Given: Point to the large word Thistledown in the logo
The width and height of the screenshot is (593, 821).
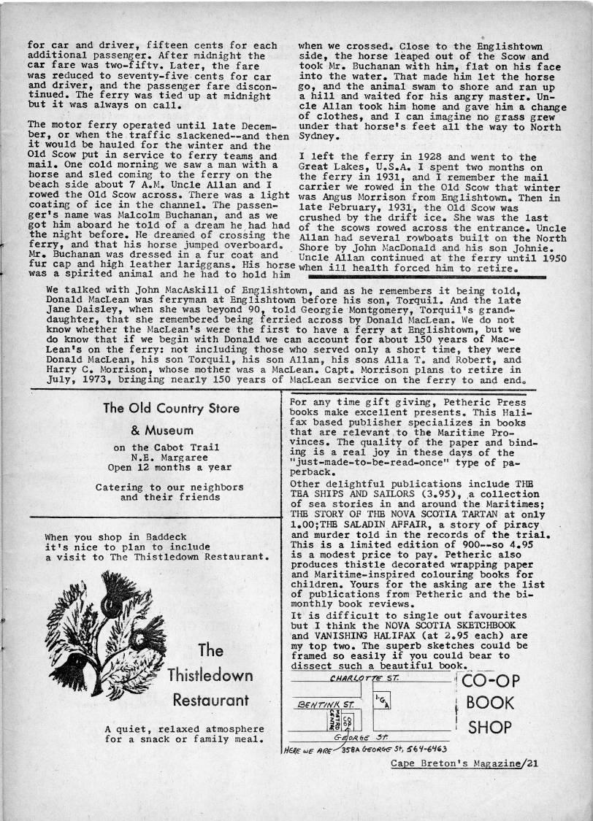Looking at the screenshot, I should [x=210, y=675].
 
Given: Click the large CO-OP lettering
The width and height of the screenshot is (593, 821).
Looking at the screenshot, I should [x=491, y=681].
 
